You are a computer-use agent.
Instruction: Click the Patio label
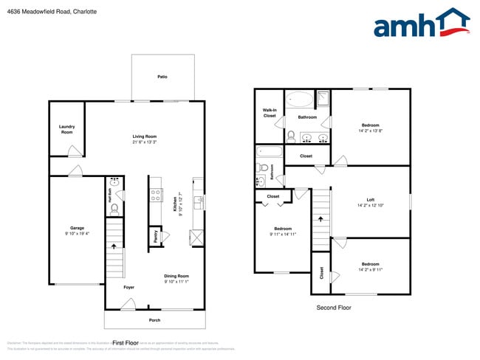[162, 77]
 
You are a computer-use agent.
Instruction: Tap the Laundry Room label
[66, 129]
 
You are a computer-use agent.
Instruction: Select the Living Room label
[145, 136]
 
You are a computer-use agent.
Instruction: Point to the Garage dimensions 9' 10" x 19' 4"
[77, 234]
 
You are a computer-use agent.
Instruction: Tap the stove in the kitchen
[156, 195]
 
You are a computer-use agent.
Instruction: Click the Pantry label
[155, 237]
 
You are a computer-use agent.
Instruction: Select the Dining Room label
[176, 276]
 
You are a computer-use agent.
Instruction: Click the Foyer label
[128, 287]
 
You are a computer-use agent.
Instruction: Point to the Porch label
[154, 319]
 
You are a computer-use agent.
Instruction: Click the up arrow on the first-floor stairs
[113, 246]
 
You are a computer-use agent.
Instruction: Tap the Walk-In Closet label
[270, 114]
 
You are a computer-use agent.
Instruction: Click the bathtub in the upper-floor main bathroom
[299, 100]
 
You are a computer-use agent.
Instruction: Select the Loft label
[371, 200]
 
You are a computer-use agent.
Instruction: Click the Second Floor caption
[333, 308]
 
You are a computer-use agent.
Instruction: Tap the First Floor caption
[126, 343]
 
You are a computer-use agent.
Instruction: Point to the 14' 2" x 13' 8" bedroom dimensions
[370, 131]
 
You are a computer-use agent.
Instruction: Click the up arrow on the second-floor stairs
[320, 218]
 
